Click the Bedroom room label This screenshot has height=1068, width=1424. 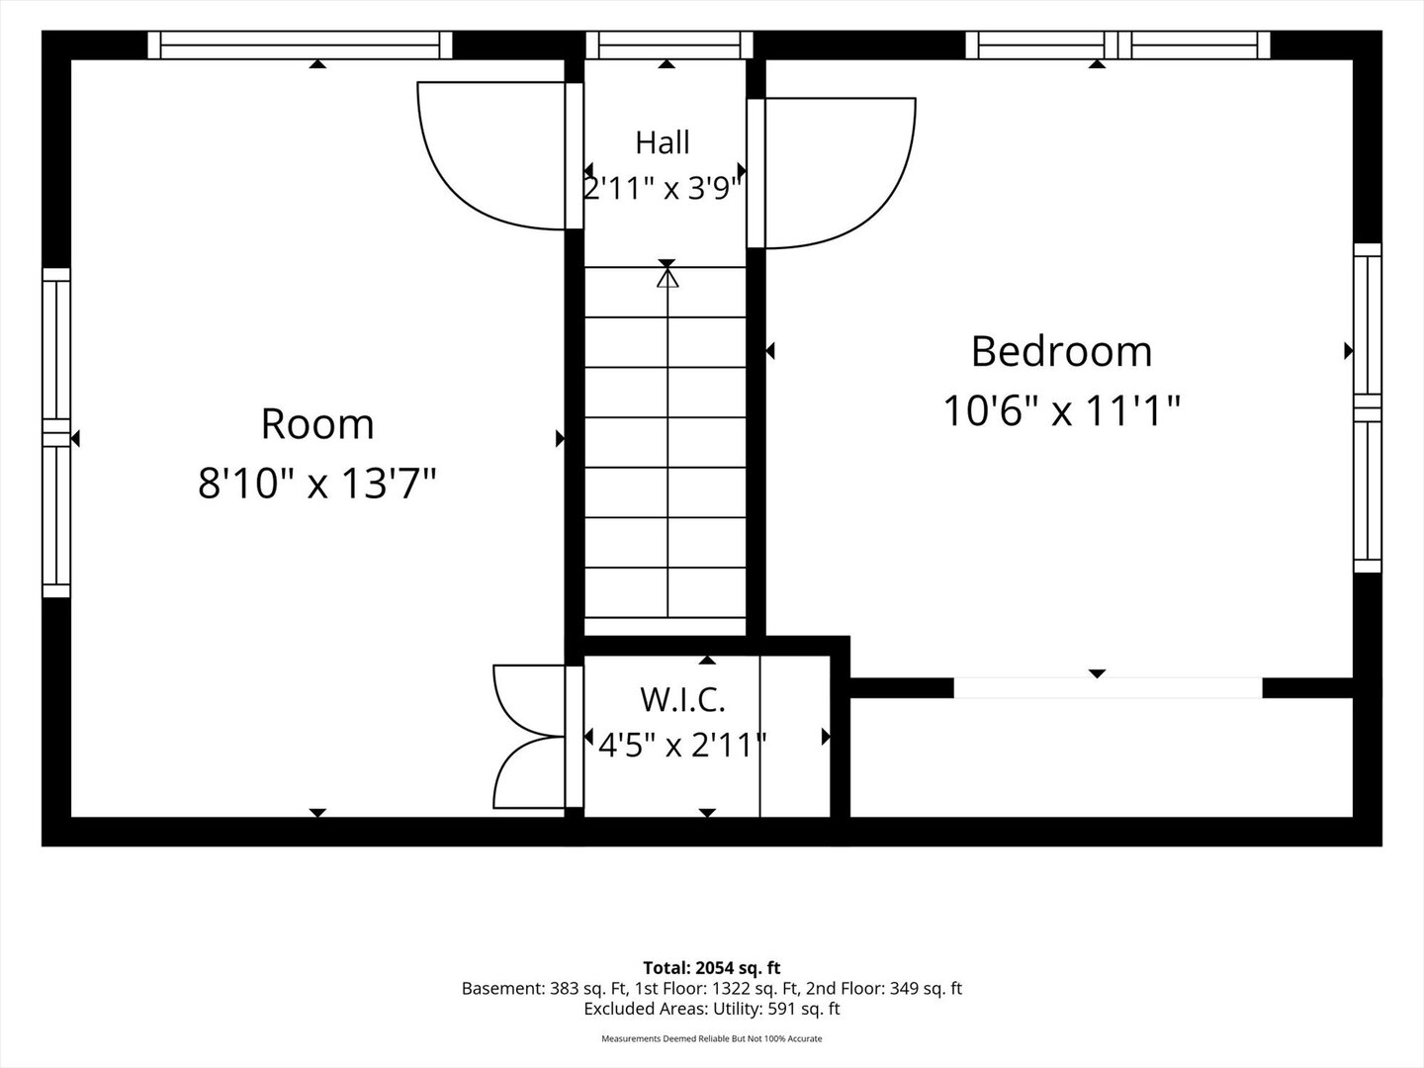[x=1061, y=351]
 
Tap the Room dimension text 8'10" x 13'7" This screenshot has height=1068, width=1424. [x=317, y=484]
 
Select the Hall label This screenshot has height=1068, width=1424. [x=663, y=142]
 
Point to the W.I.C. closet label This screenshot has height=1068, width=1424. [x=682, y=700]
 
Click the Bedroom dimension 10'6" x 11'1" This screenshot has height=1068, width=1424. [x=1061, y=411]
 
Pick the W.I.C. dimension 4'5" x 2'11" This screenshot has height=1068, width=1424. [x=682, y=745]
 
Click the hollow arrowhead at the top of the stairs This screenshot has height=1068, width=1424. [x=667, y=278]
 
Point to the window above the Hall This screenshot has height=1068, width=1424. [x=668, y=45]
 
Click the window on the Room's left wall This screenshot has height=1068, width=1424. [x=56, y=432]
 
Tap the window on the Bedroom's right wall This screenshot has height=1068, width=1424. [x=1368, y=407]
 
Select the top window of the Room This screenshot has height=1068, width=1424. [x=300, y=45]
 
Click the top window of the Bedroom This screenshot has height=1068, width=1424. [x=1117, y=45]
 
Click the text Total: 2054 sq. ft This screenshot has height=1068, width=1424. [x=712, y=968]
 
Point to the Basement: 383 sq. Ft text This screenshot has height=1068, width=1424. [x=545, y=989]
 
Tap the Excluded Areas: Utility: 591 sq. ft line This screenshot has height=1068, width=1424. [x=712, y=1009]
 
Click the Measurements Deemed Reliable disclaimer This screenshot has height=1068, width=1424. [x=712, y=1038]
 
